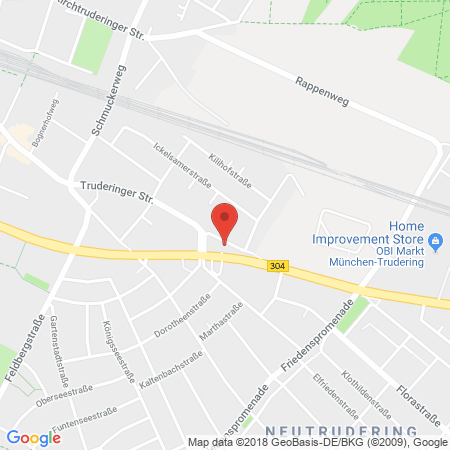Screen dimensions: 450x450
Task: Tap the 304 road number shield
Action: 276,265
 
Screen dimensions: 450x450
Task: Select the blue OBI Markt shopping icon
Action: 435,242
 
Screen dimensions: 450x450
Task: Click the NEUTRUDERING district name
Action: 373,425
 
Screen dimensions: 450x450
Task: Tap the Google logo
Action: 33,437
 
